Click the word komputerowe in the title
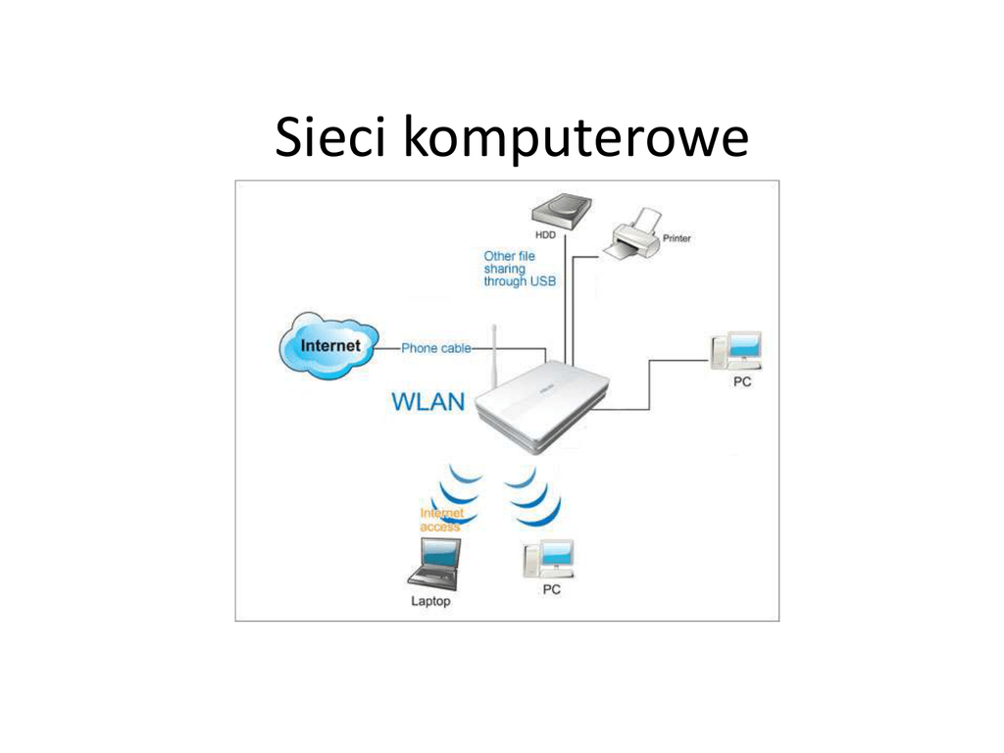click(x=577, y=140)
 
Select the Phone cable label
click(x=435, y=348)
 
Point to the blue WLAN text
click(x=428, y=402)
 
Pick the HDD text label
click(x=545, y=235)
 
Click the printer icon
click(x=632, y=235)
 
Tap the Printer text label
click(x=677, y=238)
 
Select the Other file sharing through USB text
click(x=519, y=269)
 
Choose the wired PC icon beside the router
click(x=738, y=350)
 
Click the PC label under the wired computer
click(x=742, y=382)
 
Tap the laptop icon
click(x=432, y=565)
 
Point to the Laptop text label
click(x=430, y=601)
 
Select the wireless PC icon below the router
click(x=548, y=559)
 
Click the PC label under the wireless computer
click(x=552, y=590)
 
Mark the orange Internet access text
click(x=441, y=520)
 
